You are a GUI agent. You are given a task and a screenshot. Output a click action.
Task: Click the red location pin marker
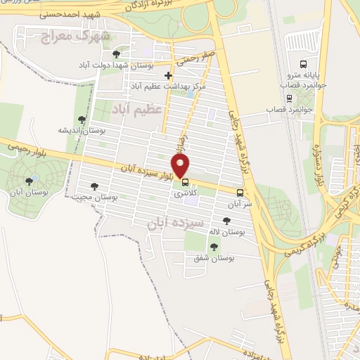(x=181, y=165)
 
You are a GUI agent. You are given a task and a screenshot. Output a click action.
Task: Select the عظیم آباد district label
(x=138, y=109)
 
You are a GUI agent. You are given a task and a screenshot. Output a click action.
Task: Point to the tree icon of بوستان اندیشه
(x=82, y=120)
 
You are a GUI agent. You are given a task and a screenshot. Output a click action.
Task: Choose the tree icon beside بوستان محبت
(x=94, y=186)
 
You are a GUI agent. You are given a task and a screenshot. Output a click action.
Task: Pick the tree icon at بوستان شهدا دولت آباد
(x=116, y=53)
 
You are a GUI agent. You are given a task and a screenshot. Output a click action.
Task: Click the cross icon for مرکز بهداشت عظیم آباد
(x=167, y=75)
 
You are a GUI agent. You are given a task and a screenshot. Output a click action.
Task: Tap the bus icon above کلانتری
(x=185, y=181)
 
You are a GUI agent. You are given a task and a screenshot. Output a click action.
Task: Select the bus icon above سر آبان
(x=240, y=192)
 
